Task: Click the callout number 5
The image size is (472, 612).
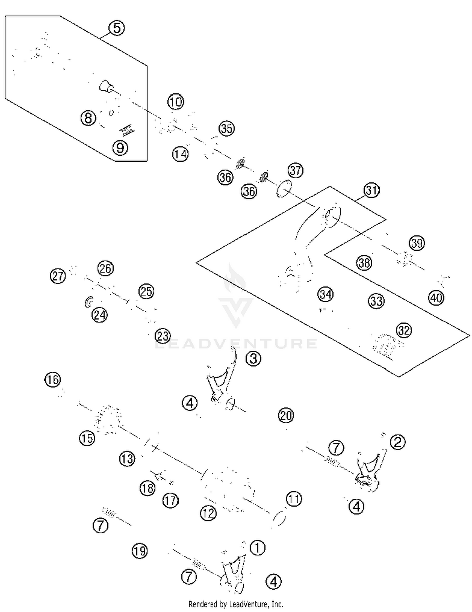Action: click(x=116, y=28)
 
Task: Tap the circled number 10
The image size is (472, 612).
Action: click(x=176, y=102)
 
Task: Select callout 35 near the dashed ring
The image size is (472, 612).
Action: click(x=227, y=128)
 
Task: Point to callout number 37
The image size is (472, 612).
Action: click(x=295, y=170)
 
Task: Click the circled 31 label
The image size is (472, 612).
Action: click(x=372, y=191)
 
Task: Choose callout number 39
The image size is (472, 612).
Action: click(x=417, y=243)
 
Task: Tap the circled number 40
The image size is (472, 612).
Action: click(x=436, y=298)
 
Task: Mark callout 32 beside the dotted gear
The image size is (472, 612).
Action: click(x=404, y=330)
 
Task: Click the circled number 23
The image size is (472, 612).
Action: click(x=163, y=336)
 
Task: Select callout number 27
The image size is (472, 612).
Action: click(x=58, y=276)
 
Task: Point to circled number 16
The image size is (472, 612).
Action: click(x=53, y=379)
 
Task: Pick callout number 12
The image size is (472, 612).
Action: click(x=208, y=513)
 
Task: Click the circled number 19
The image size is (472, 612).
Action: click(x=140, y=551)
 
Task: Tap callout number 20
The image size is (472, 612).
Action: click(x=286, y=416)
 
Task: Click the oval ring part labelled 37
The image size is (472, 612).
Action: click(x=284, y=188)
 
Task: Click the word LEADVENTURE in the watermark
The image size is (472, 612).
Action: click(x=236, y=343)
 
